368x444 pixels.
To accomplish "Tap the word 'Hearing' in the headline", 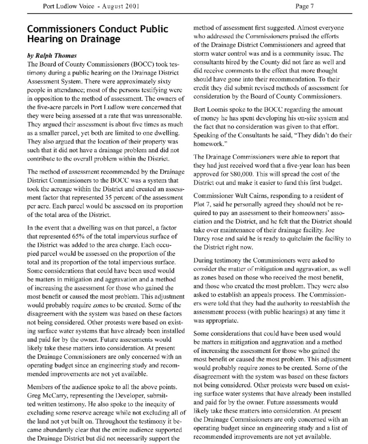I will [43, 39].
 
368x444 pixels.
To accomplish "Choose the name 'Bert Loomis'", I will [210, 110].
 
